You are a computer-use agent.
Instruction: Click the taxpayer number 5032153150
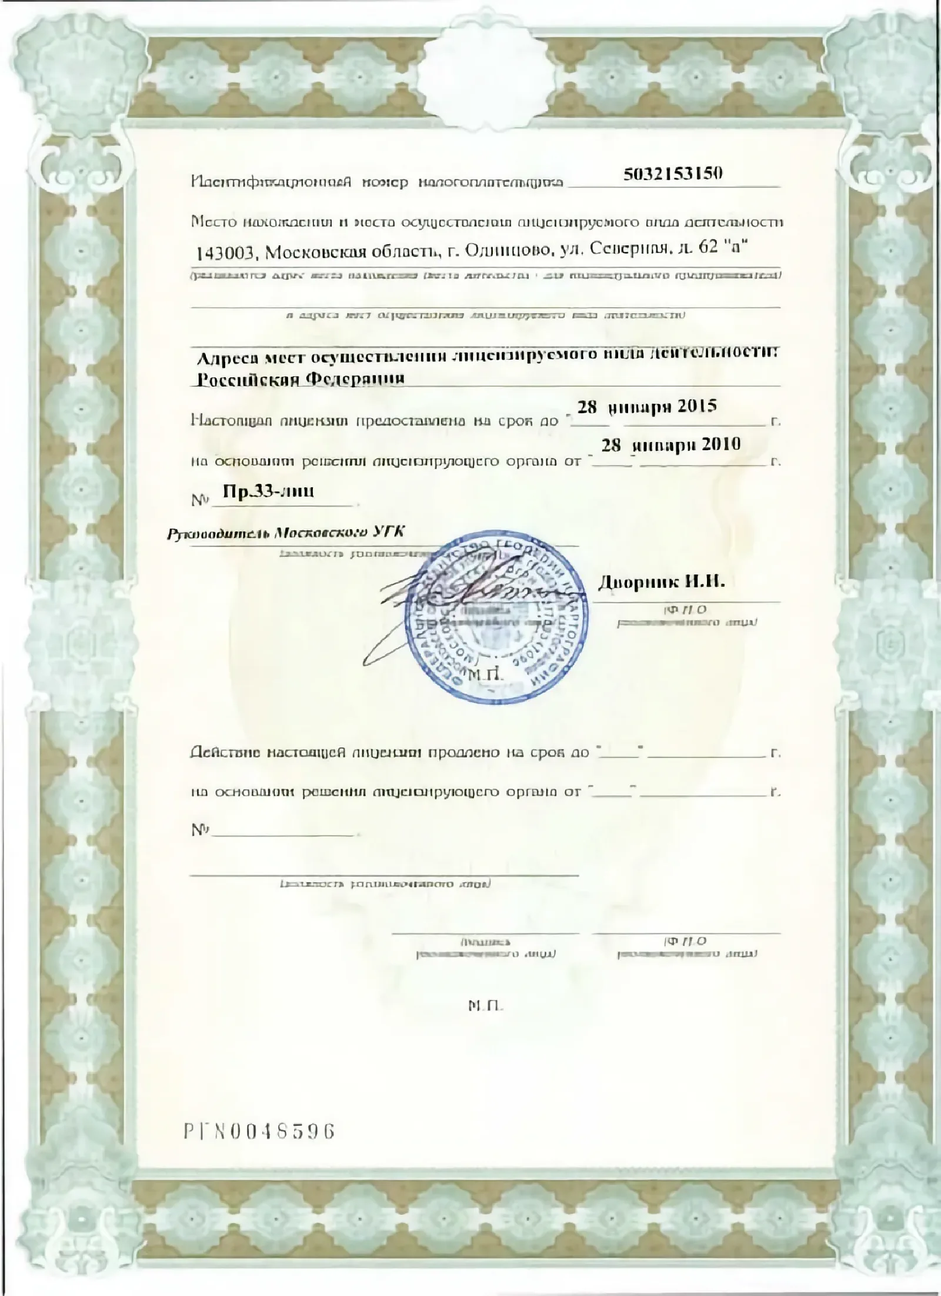click(672, 174)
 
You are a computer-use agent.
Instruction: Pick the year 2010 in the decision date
click(720, 444)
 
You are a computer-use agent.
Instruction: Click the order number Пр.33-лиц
click(269, 492)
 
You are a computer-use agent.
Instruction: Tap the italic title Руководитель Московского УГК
click(286, 534)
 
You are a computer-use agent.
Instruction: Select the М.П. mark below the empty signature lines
click(486, 1006)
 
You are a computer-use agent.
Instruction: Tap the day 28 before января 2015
click(587, 407)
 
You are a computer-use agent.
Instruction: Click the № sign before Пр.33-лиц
click(201, 501)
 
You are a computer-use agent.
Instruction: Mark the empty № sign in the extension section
click(201, 830)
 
